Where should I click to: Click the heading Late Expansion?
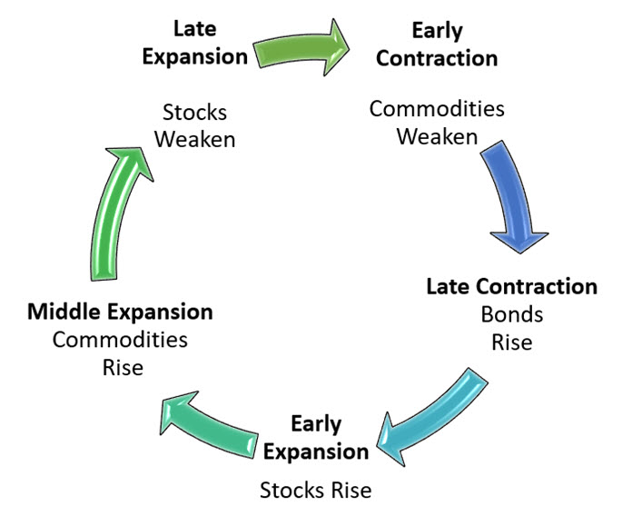point(195,43)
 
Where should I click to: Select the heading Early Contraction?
point(437,45)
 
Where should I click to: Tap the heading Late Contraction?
point(512,286)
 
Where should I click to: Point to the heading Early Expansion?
point(316,438)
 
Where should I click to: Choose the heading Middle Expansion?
point(120,313)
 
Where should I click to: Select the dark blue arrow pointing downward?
point(512,196)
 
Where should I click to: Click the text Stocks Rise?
point(316,491)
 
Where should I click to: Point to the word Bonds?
point(512,314)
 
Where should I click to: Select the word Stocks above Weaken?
point(195,113)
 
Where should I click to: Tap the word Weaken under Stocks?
point(195,139)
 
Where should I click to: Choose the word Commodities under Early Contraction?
point(437,109)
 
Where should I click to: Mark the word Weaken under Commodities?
point(437,136)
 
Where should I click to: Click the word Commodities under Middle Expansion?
point(120,340)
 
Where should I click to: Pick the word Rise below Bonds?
point(512,342)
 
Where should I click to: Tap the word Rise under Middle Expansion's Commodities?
point(123,367)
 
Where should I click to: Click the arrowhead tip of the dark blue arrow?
point(520,253)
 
